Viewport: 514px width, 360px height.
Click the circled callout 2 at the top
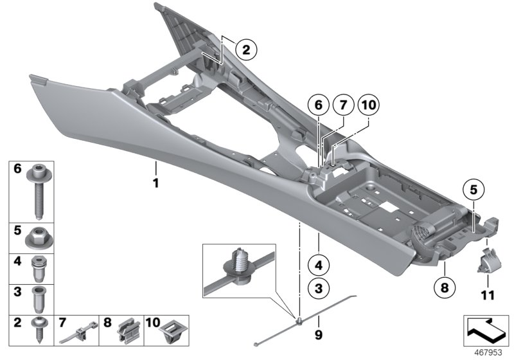[x=245, y=48]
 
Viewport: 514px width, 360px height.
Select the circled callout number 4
[x=317, y=263]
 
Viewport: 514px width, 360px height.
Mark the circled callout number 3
[x=317, y=289]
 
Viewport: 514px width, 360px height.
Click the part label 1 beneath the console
[x=155, y=184]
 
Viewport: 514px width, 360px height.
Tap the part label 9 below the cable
[x=315, y=334]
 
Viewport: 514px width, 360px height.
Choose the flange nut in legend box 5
[x=41, y=239]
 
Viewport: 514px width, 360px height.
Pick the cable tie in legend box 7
[x=77, y=333]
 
